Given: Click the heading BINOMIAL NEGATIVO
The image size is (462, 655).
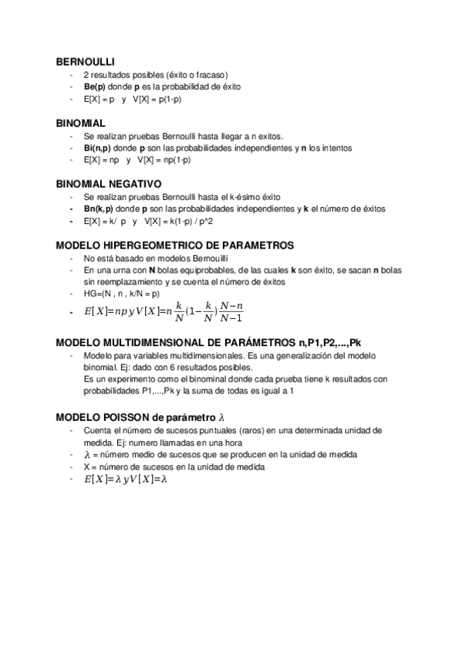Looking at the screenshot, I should pyautogui.click(x=109, y=185).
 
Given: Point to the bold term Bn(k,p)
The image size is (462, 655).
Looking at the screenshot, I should pyautogui.click(x=99, y=209).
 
